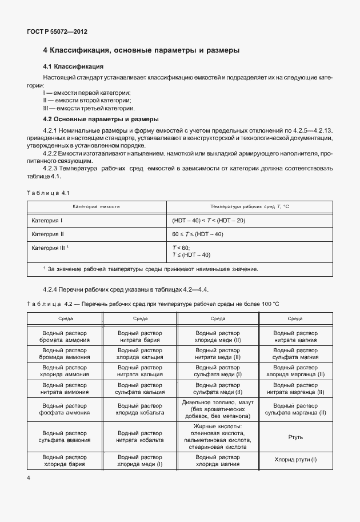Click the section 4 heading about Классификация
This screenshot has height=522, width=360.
(141, 50)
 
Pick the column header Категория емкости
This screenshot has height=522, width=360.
(95, 206)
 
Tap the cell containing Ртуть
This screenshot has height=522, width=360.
(295, 437)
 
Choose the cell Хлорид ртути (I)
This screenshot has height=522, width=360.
(295, 461)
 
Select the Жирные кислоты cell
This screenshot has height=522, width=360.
(218, 437)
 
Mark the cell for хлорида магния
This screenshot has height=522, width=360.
(218, 461)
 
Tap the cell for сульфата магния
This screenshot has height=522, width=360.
(295, 353)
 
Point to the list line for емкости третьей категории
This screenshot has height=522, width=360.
(89, 107)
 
